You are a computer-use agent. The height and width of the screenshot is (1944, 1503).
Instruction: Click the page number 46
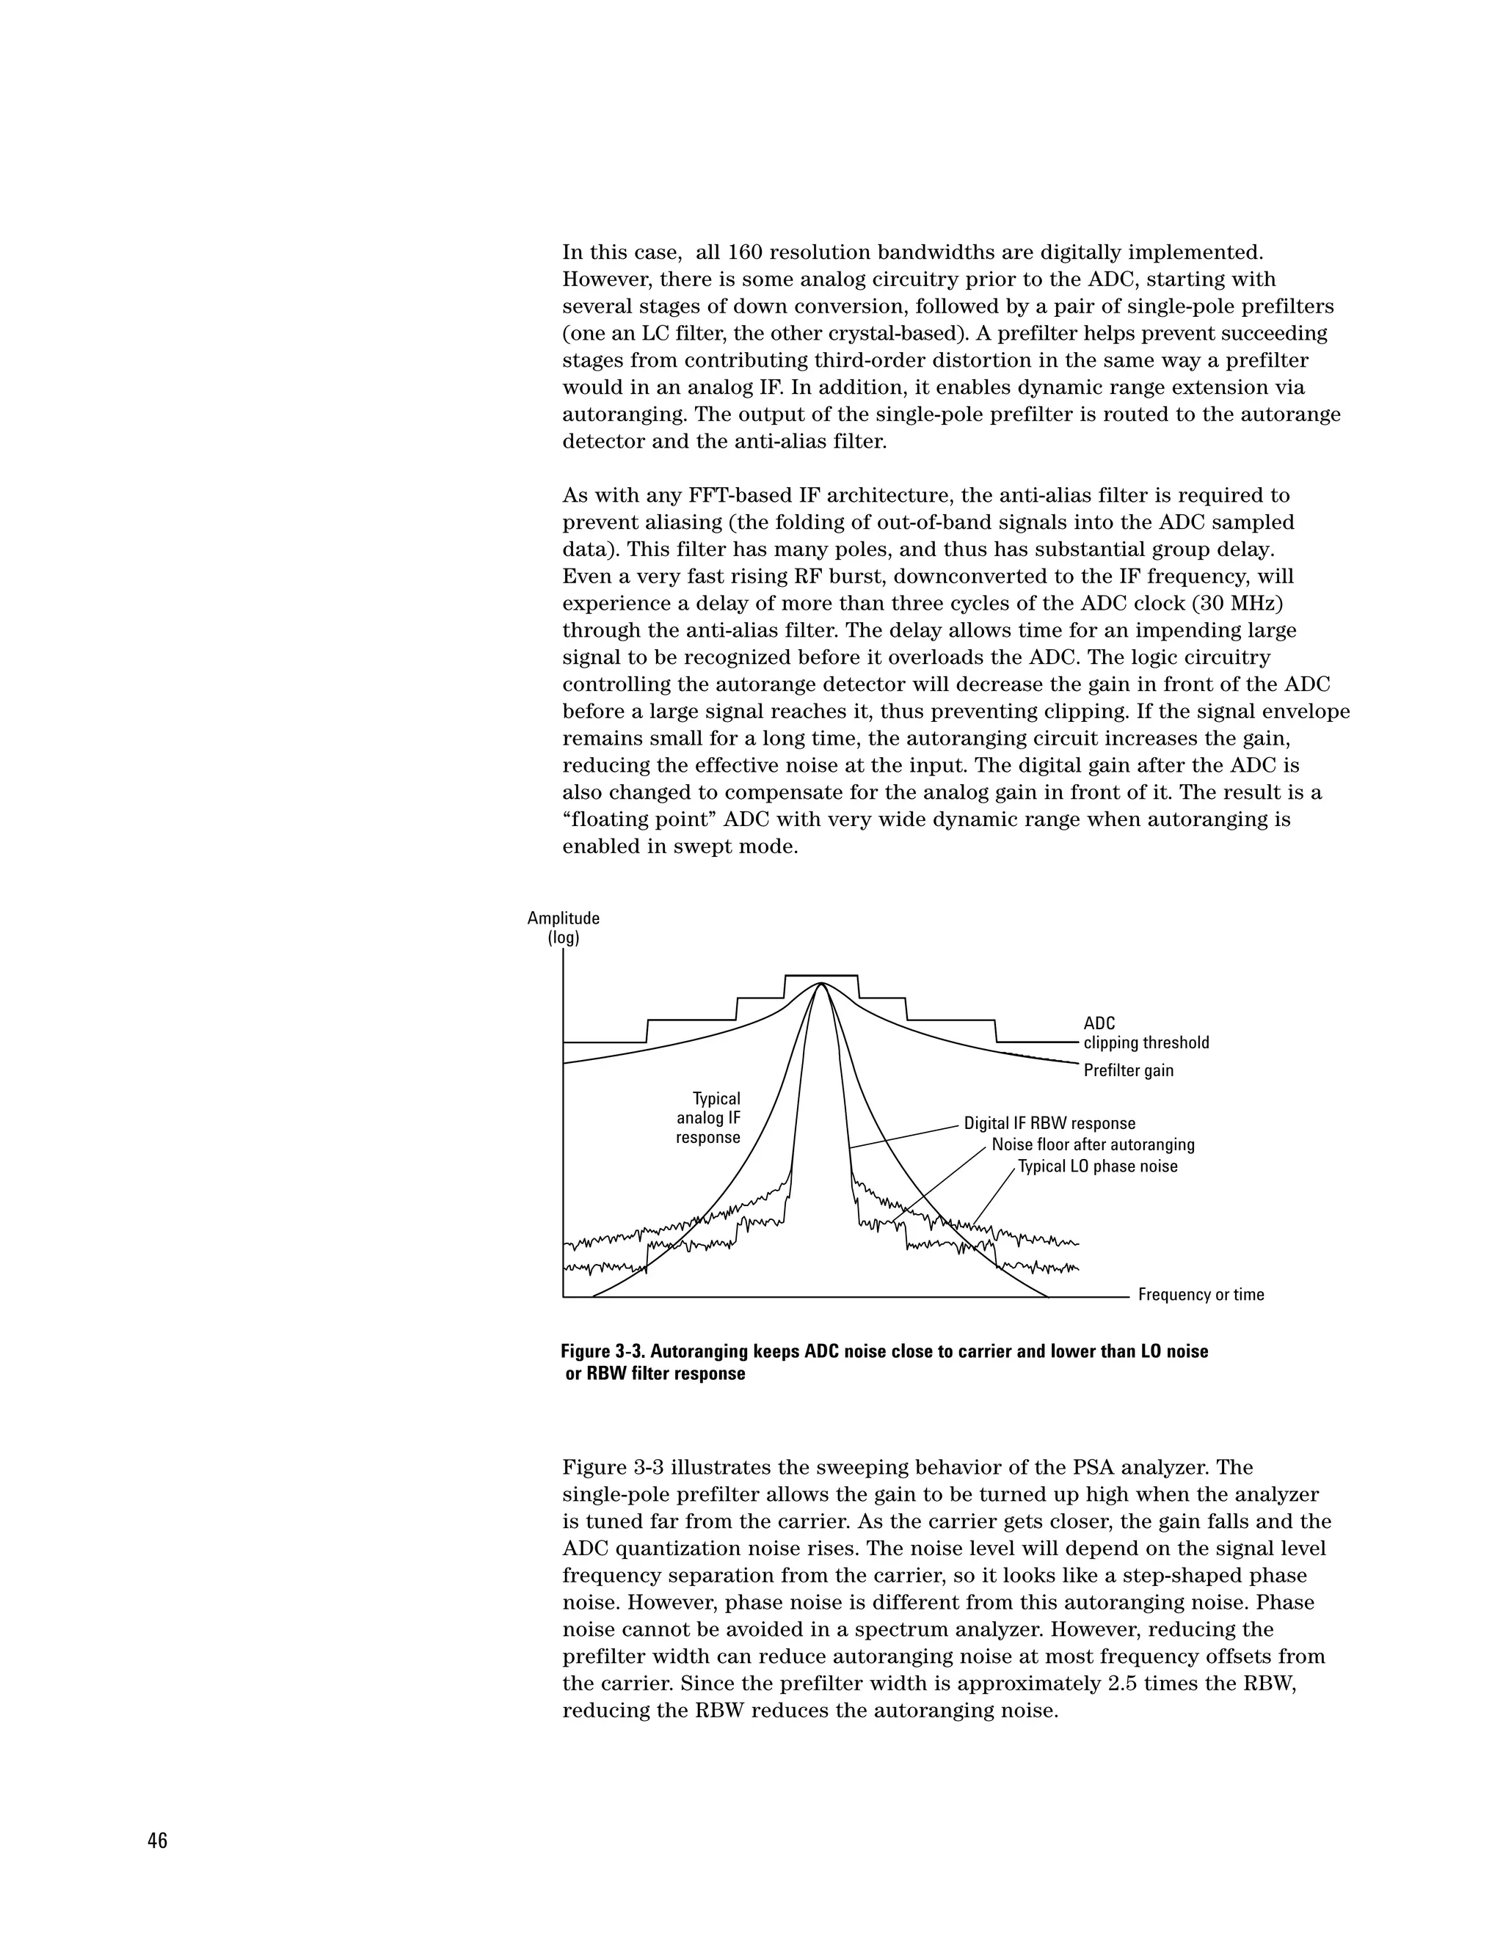click(158, 1841)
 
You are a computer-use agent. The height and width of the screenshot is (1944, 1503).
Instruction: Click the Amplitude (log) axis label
click(563, 927)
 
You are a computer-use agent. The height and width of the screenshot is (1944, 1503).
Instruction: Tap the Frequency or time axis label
click(1200, 1294)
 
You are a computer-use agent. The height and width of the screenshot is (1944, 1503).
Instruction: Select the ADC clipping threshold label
click(1145, 1034)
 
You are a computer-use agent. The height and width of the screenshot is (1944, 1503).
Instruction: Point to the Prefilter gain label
click(1128, 1071)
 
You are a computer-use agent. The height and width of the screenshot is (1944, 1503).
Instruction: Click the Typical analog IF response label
click(709, 1118)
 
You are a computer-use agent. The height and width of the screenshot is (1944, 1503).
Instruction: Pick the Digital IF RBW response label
click(1049, 1123)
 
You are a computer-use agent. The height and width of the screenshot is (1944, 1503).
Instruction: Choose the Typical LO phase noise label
click(1097, 1166)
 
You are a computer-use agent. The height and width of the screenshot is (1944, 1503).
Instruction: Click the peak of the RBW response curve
click(821, 983)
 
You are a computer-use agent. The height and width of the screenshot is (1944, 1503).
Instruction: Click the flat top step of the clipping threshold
click(821, 976)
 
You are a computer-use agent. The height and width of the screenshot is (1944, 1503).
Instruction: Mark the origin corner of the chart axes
click(564, 1298)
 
